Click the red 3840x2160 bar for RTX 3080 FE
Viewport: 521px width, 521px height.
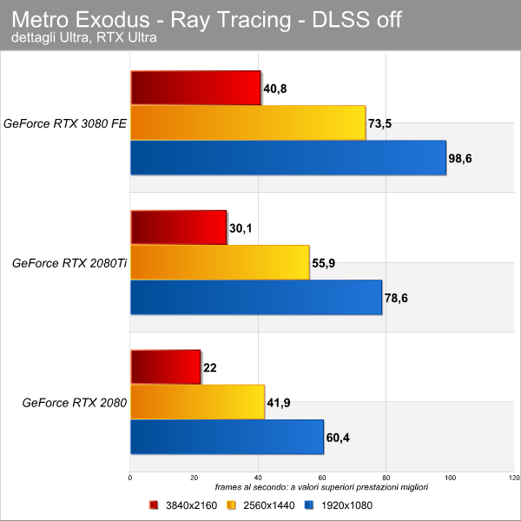pos(195,88)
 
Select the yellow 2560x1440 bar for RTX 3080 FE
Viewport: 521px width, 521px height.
pos(248,123)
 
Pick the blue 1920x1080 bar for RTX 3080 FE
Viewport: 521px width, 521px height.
pos(288,158)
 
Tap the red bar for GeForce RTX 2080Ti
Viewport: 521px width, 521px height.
pos(179,228)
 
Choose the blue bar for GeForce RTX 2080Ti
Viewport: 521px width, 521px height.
pos(256,297)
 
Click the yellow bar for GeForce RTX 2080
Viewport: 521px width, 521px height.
pos(198,402)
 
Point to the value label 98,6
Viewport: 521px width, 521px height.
pos(460,159)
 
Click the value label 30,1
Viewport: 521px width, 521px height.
pos(241,228)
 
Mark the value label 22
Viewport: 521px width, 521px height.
pos(210,368)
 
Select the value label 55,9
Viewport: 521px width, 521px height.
pos(323,263)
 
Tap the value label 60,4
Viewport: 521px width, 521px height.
pos(338,438)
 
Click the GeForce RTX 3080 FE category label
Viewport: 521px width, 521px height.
pos(65,123)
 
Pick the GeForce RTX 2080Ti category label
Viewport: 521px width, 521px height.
pos(69,263)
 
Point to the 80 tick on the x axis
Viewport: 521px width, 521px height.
pos(386,478)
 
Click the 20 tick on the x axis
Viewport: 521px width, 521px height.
pos(194,478)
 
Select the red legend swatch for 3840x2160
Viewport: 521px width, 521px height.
pos(153,505)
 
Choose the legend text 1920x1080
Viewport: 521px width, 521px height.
pos(346,505)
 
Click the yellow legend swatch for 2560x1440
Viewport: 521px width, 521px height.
pos(231,505)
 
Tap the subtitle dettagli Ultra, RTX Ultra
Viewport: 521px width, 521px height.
pos(84,37)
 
